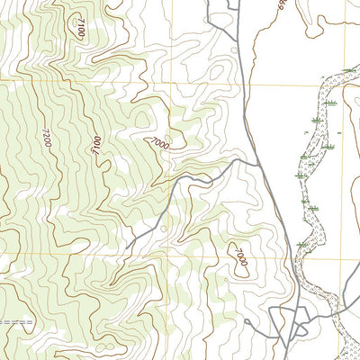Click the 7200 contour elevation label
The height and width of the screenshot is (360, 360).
(46, 139)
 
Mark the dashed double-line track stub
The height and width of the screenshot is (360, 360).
(16, 321)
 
